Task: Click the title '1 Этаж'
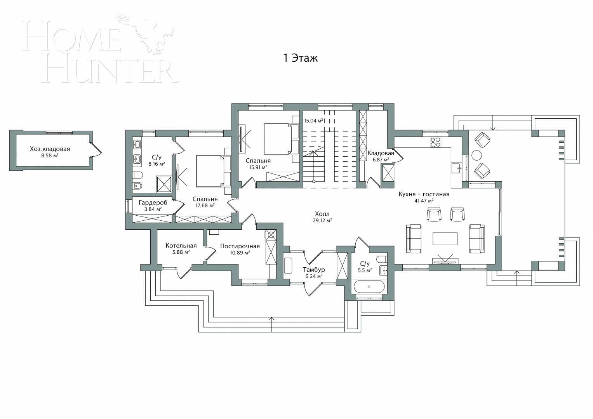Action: click(x=300, y=58)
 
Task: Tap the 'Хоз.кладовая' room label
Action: click(x=50, y=149)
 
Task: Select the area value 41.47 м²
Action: click(x=424, y=201)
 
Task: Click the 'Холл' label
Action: click(x=322, y=214)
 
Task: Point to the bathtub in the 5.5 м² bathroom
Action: click(x=369, y=287)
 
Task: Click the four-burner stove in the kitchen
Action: click(x=435, y=142)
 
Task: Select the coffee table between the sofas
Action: click(x=445, y=239)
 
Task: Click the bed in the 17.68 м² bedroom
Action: click(x=210, y=171)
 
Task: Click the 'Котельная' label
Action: click(x=181, y=246)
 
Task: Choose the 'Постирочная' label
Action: click(x=240, y=246)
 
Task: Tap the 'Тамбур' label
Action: click(x=314, y=269)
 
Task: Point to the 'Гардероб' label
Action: click(x=153, y=203)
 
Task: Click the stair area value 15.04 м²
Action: click(x=314, y=121)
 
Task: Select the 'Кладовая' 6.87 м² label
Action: click(x=381, y=153)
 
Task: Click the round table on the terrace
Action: click(x=476, y=155)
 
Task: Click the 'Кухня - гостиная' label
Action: click(x=424, y=194)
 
